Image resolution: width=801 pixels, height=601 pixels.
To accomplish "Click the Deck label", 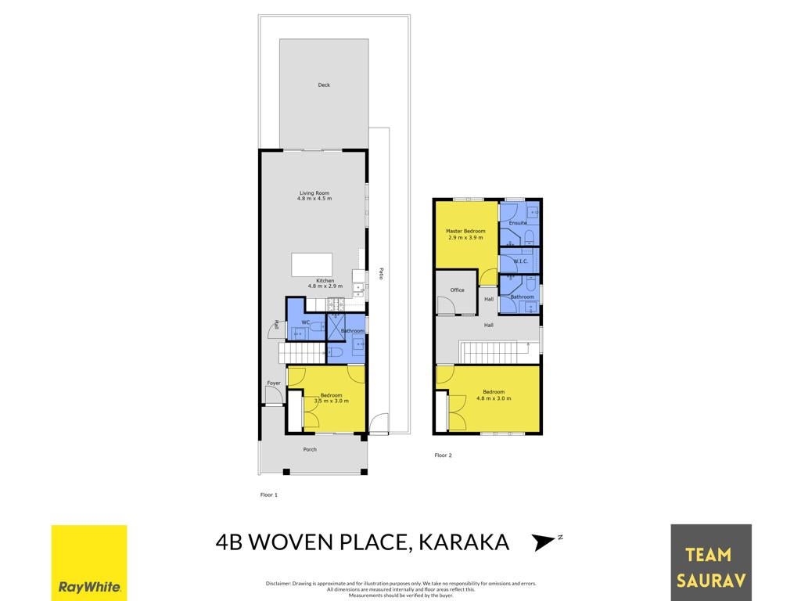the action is [x=324, y=85].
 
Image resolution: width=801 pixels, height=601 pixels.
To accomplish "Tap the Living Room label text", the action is [x=314, y=193].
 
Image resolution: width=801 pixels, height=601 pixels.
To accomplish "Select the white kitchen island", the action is [x=311, y=265].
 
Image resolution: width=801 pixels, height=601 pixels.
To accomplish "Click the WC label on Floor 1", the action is [x=306, y=322].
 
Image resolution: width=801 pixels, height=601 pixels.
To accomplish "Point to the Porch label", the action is [x=310, y=450].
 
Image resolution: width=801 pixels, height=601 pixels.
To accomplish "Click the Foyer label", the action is [x=274, y=383].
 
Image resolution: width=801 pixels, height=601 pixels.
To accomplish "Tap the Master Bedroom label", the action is [x=465, y=231].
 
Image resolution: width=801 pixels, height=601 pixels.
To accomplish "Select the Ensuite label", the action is [x=518, y=223].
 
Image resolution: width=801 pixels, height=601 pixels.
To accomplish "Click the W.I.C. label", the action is [x=520, y=261].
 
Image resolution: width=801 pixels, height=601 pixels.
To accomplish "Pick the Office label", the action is [x=457, y=290].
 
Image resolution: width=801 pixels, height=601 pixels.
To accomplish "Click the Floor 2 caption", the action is [x=443, y=455].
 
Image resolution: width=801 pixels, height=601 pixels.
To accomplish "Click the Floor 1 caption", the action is [x=269, y=495].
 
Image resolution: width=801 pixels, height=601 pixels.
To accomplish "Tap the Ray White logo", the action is [x=89, y=563].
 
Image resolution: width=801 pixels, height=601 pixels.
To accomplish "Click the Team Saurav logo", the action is [x=710, y=563].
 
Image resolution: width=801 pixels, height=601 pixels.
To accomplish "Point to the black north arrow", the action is [x=543, y=542].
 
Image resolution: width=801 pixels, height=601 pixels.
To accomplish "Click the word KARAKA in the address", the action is [x=464, y=542].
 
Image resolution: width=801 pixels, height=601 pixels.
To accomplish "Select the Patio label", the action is [x=381, y=273].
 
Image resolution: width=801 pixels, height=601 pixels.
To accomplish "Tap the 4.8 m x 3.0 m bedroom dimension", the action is [x=494, y=398].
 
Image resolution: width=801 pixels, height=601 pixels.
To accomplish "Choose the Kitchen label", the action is [x=325, y=281].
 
